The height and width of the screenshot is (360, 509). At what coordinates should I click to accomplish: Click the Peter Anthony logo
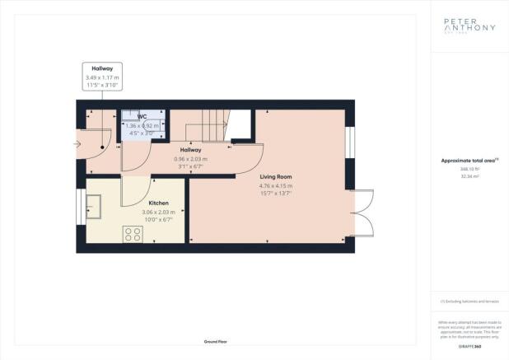tap(469, 27)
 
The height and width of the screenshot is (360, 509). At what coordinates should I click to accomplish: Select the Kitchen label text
tap(158, 202)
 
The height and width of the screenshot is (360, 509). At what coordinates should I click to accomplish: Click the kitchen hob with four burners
tap(133, 234)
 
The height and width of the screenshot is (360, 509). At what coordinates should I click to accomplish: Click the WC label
tap(142, 117)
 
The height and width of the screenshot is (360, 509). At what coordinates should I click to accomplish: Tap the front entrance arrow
tap(77, 143)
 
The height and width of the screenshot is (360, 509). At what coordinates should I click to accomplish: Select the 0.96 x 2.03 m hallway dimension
tap(191, 159)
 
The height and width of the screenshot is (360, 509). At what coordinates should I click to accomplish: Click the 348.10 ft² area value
tap(469, 169)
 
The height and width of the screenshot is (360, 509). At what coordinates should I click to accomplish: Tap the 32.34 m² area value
tap(469, 175)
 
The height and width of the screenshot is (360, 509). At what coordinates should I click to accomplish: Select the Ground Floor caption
tap(216, 341)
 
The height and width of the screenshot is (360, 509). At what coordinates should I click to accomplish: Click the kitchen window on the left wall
tap(81, 206)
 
